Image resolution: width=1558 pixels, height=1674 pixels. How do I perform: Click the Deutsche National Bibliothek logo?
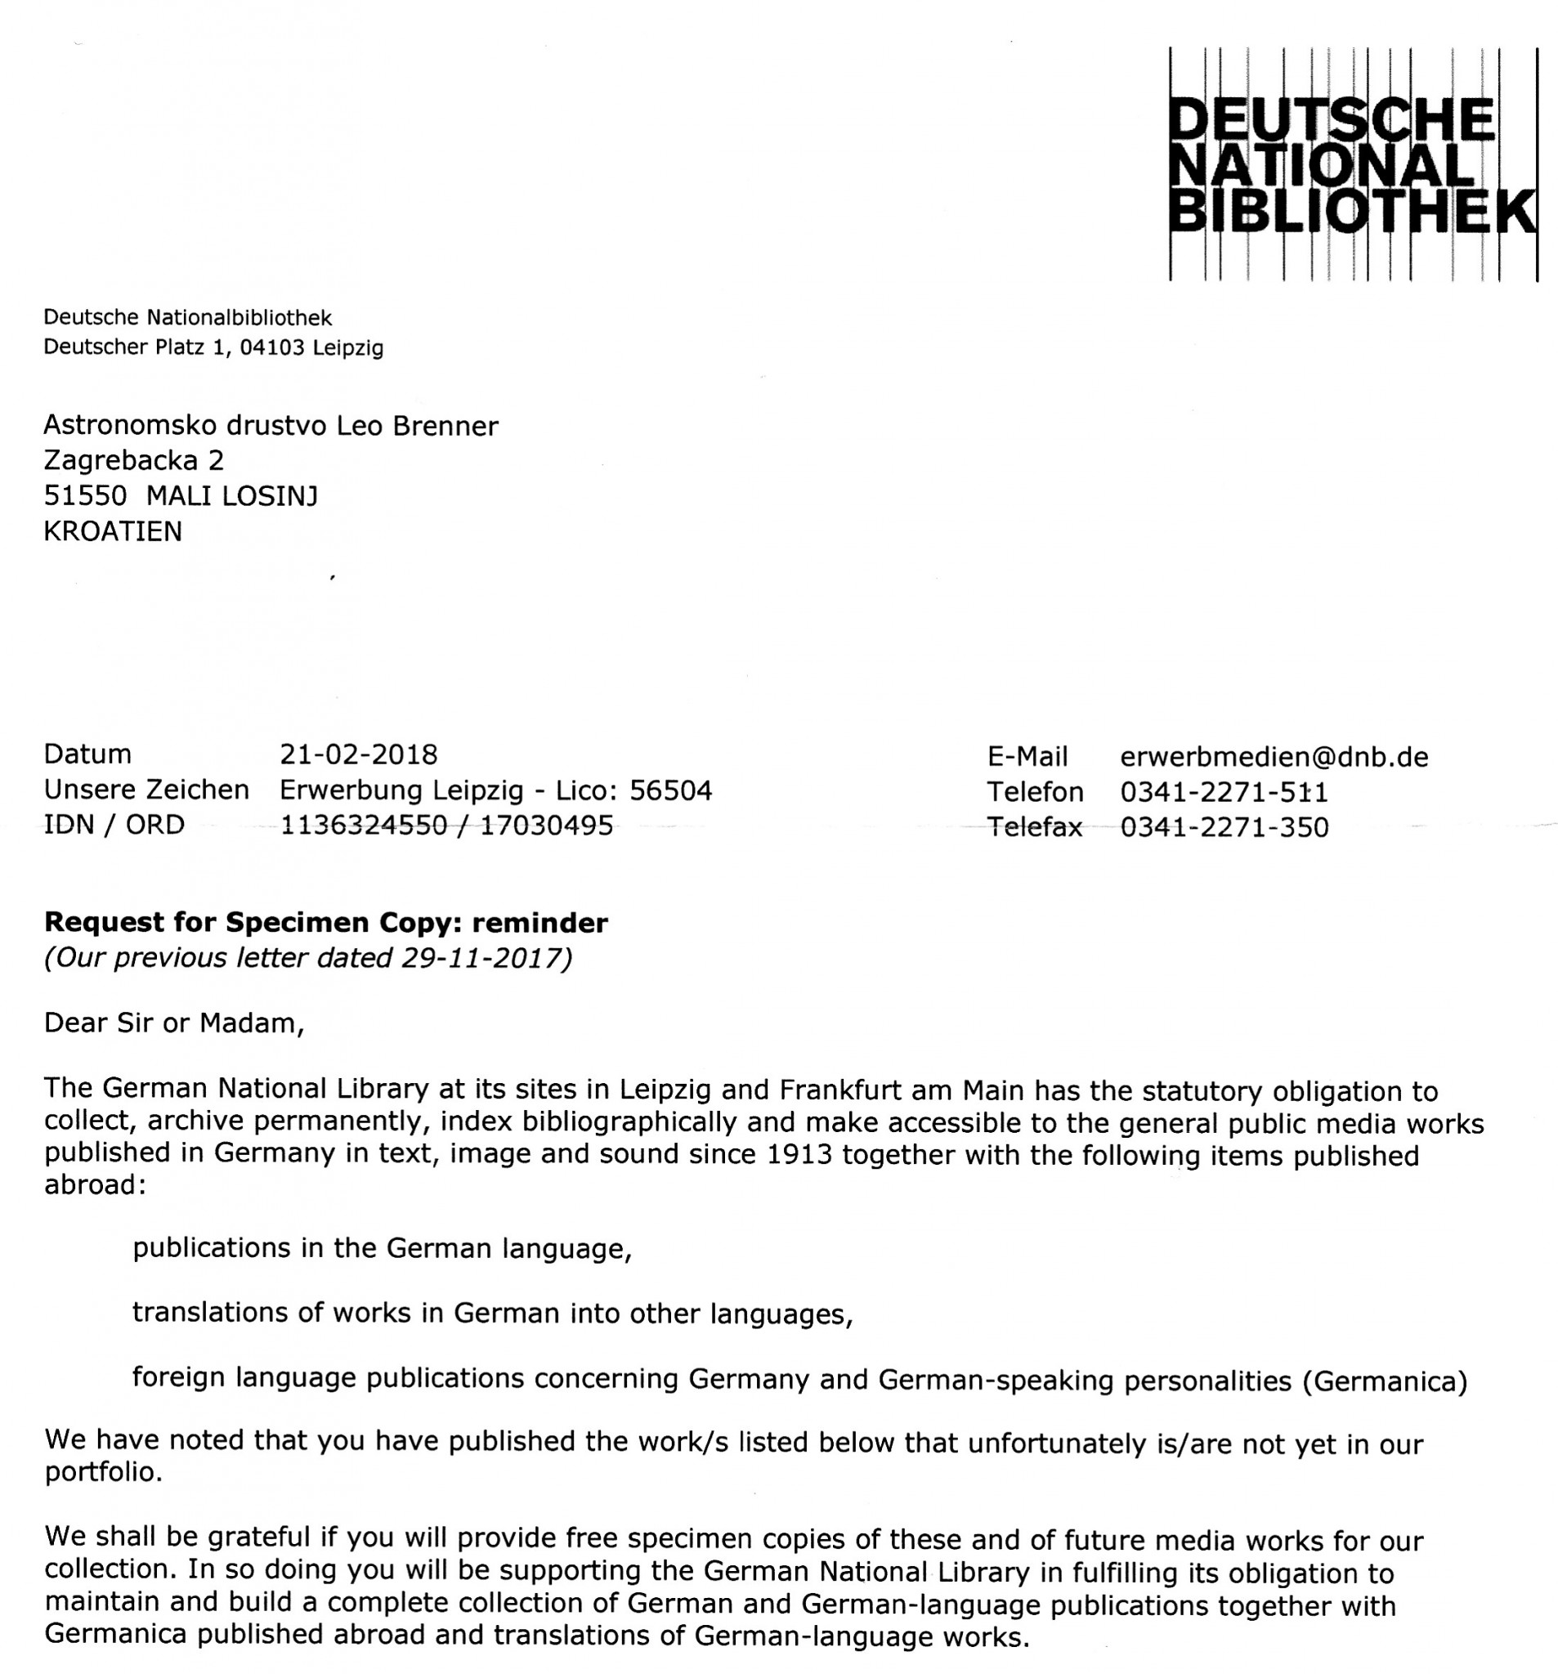1352,164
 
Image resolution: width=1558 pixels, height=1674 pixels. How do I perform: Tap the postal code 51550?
85,496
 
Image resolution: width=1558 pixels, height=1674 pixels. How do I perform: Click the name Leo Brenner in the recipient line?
417,426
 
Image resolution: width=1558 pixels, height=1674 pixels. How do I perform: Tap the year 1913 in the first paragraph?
799,1155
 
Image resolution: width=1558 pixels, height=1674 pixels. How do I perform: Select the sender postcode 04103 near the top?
271,347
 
